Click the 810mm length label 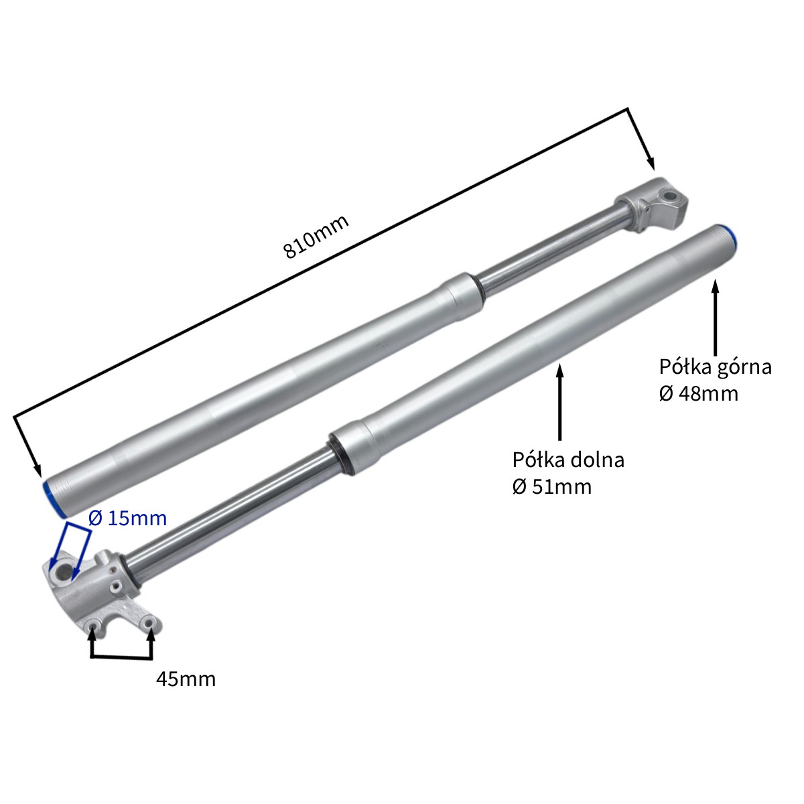[x=316, y=237]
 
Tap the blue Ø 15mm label [x=128, y=518]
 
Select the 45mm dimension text [x=186, y=679]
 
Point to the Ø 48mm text [x=698, y=393]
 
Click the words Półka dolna [x=568, y=460]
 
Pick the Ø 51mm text [x=552, y=487]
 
